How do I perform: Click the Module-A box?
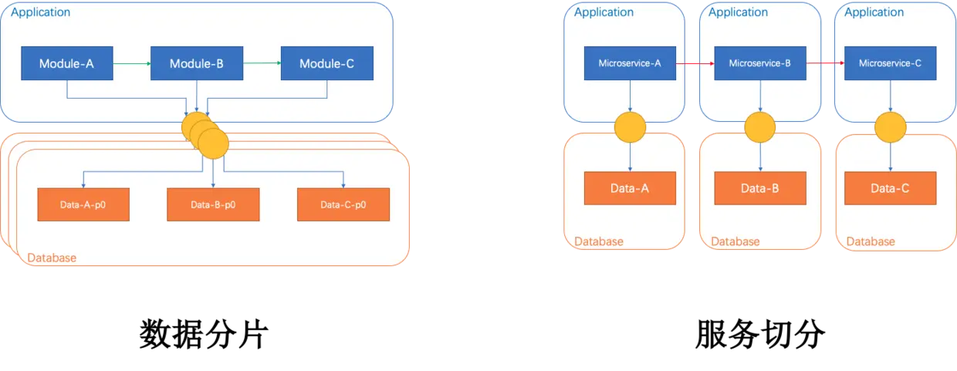pyautogui.click(x=66, y=64)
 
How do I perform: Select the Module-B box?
pyautogui.click(x=196, y=64)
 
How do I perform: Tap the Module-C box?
pyautogui.click(x=326, y=64)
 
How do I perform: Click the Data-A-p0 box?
pyautogui.click(x=83, y=205)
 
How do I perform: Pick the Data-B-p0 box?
pyautogui.click(x=213, y=205)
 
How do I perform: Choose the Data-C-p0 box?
pyautogui.click(x=343, y=205)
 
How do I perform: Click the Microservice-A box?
pyautogui.click(x=631, y=63)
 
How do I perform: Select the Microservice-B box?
pyautogui.click(x=761, y=63)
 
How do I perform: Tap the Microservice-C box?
pyautogui.click(x=891, y=63)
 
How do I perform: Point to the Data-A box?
pyautogui.click(x=630, y=188)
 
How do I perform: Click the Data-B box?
pyautogui.click(x=760, y=188)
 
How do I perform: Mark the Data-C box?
pyautogui.click(x=891, y=188)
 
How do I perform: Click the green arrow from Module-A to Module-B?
pyautogui.click(x=131, y=64)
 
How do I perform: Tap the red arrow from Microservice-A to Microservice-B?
pyautogui.click(x=695, y=64)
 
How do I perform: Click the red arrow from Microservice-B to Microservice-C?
pyautogui.click(x=826, y=64)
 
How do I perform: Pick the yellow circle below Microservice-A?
pyautogui.click(x=631, y=128)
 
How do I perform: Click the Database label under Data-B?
pyautogui.click(x=735, y=241)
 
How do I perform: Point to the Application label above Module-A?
pyautogui.click(x=41, y=12)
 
